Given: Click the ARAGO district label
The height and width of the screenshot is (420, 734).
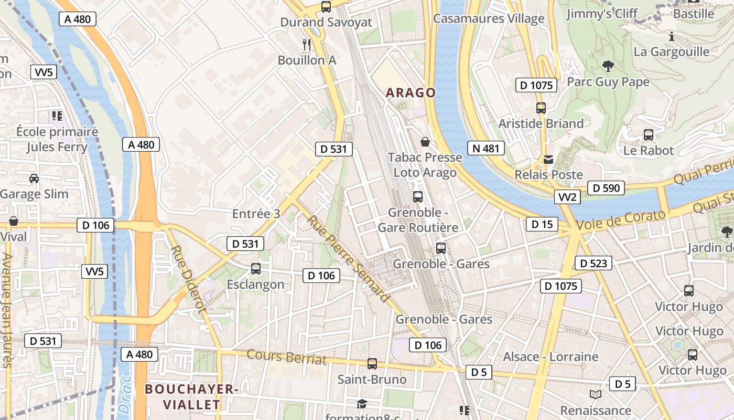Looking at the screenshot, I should click(411, 93).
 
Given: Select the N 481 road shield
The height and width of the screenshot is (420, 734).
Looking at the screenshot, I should click(485, 149).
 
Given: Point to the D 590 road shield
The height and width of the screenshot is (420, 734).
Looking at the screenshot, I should click(606, 188).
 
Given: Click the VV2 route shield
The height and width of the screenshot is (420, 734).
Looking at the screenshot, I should click(567, 197).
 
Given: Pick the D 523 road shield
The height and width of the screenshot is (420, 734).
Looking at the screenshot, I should click(593, 263).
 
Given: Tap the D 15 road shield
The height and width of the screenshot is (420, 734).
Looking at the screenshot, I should click(542, 225).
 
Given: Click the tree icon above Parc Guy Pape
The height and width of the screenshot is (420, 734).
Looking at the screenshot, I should click(608, 66).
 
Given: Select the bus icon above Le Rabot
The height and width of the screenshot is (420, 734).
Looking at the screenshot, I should click(648, 135).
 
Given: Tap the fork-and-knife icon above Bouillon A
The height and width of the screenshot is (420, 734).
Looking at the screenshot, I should click(307, 45).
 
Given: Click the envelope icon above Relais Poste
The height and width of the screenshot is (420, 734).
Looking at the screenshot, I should click(548, 160).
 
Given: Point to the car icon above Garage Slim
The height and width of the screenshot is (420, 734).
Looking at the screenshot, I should click(34, 178).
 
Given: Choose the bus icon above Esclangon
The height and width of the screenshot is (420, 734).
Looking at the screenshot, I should click(255, 269).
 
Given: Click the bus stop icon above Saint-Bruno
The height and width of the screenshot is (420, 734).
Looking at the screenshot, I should click(372, 363).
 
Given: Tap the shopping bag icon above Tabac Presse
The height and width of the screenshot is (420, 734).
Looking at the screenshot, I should click(425, 142).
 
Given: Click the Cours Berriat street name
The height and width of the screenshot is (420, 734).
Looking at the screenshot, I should click(286, 358).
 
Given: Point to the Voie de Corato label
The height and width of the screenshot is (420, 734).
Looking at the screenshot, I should click(621, 219).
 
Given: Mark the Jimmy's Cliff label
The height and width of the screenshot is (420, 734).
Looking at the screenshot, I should click(601, 13).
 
